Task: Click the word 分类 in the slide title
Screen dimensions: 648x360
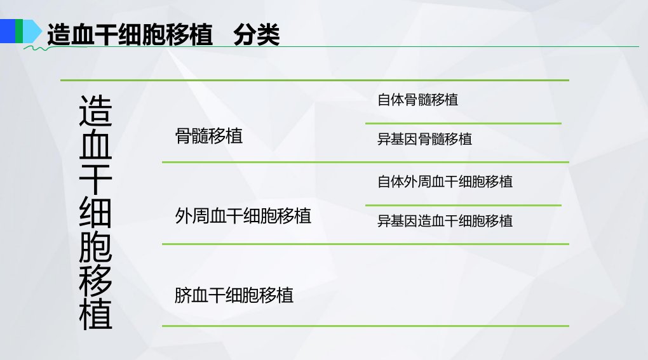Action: tap(256, 34)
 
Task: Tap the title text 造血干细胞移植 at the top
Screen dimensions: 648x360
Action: tap(130, 34)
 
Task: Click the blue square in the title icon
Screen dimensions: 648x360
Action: tap(8, 31)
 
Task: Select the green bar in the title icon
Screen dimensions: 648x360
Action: tap(19, 31)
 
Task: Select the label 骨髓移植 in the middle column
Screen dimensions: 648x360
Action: tap(209, 136)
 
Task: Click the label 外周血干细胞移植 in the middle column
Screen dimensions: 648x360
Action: tap(243, 216)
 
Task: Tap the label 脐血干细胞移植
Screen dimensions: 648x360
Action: tap(234, 296)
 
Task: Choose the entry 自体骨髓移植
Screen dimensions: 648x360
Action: tap(418, 100)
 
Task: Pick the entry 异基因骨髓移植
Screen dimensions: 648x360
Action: tap(424, 139)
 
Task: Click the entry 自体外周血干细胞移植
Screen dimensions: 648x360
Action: tap(445, 182)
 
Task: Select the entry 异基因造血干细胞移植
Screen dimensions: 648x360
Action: tap(445, 221)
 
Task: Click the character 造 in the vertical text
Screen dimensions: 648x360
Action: tap(95, 110)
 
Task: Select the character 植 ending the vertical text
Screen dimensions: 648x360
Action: tap(95, 314)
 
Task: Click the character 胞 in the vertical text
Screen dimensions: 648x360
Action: tap(95, 246)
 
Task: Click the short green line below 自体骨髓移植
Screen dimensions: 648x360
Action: tap(463, 123)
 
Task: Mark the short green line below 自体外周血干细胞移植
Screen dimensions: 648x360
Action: tap(463, 205)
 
